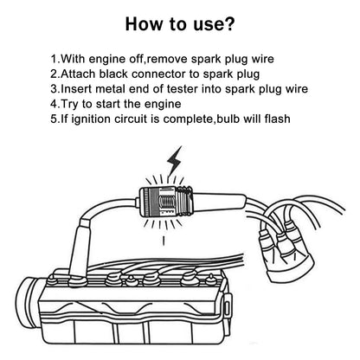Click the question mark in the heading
(228, 23)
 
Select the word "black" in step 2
(113, 74)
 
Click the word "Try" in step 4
(69, 104)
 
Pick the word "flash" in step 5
(277, 119)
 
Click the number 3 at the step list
(54, 89)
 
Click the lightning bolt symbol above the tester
(175, 161)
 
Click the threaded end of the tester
(185, 201)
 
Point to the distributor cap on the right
(288, 256)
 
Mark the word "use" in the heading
(206, 25)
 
